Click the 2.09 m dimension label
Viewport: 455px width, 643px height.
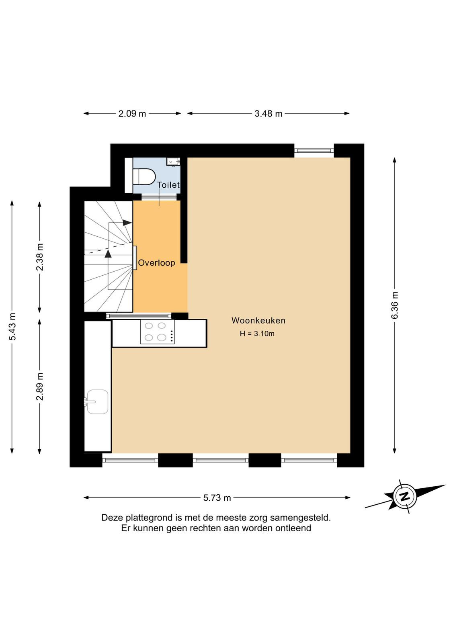click(132, 114)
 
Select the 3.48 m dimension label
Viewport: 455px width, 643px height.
click(268, 114)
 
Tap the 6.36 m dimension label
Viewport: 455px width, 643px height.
click(395, 305)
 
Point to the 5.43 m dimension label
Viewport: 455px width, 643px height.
click(12, 326)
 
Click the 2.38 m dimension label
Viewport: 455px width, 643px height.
click(40, 257)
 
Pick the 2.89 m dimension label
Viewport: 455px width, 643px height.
click(40, 386)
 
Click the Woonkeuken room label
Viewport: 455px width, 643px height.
click(258, 320)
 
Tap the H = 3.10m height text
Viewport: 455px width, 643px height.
click(257, 334)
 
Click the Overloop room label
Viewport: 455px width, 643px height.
click(157, 263)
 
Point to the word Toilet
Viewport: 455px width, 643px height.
click(168, 185)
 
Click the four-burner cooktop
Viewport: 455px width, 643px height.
click(157, 332)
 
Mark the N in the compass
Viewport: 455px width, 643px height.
click(405, 497)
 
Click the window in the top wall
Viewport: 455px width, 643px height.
click(314, 150)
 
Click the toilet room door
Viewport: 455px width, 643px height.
click(159, 197)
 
